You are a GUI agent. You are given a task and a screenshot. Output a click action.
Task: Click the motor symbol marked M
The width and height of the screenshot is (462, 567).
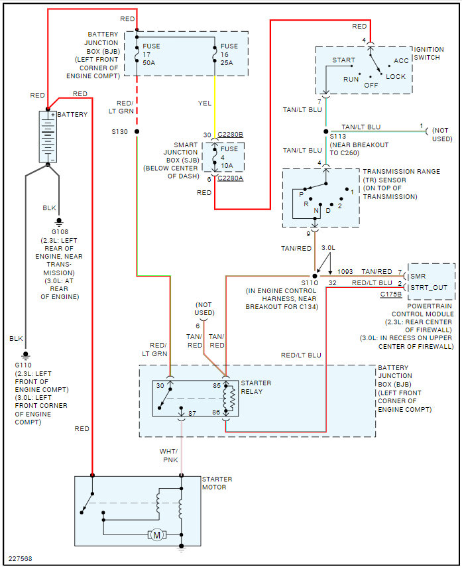pos(157,535)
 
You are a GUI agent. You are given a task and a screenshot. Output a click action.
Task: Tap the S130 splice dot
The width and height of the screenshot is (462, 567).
pos(137,131)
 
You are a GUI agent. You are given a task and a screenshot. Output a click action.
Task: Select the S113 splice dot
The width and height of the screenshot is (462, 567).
pos(325,131)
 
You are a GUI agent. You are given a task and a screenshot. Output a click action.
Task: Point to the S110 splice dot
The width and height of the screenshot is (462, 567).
pos(315,277)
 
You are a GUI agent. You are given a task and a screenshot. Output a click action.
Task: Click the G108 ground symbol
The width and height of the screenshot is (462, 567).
pos(59,221)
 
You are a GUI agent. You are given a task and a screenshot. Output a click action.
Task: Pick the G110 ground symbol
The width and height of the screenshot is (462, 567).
pos(25,355)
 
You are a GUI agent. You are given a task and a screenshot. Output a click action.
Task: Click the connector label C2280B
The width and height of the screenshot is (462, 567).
pos(230,135)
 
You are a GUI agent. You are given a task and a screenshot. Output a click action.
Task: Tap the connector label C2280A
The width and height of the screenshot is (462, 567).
pos(230,178)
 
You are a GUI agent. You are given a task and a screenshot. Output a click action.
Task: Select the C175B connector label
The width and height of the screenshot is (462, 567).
pos(390,294)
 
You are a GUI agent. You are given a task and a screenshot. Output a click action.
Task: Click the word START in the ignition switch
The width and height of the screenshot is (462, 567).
pos(343,60)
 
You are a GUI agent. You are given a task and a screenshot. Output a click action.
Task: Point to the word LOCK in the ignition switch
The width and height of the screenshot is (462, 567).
pos(396,77)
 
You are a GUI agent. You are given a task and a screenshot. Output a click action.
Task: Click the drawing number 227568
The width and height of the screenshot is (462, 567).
pos(21,558)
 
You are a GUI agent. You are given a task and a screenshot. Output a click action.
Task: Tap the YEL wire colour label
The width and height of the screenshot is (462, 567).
pos(205,103)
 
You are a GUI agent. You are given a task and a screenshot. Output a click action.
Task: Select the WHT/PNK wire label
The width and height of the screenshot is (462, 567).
pos(169,456)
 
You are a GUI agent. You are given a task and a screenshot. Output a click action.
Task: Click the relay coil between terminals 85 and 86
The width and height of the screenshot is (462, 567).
pos(229,399)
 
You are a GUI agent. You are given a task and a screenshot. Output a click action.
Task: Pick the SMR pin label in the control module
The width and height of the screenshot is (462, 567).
pos(418,277)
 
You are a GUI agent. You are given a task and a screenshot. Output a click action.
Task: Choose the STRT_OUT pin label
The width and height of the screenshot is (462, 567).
pos(429,287)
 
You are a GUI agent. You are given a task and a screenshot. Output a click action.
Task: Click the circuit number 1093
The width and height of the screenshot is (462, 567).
pos(345,272)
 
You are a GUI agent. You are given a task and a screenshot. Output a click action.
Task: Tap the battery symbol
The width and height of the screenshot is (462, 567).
pos(48,137)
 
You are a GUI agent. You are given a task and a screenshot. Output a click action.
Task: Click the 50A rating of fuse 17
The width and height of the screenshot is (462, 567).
pos(148,62)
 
